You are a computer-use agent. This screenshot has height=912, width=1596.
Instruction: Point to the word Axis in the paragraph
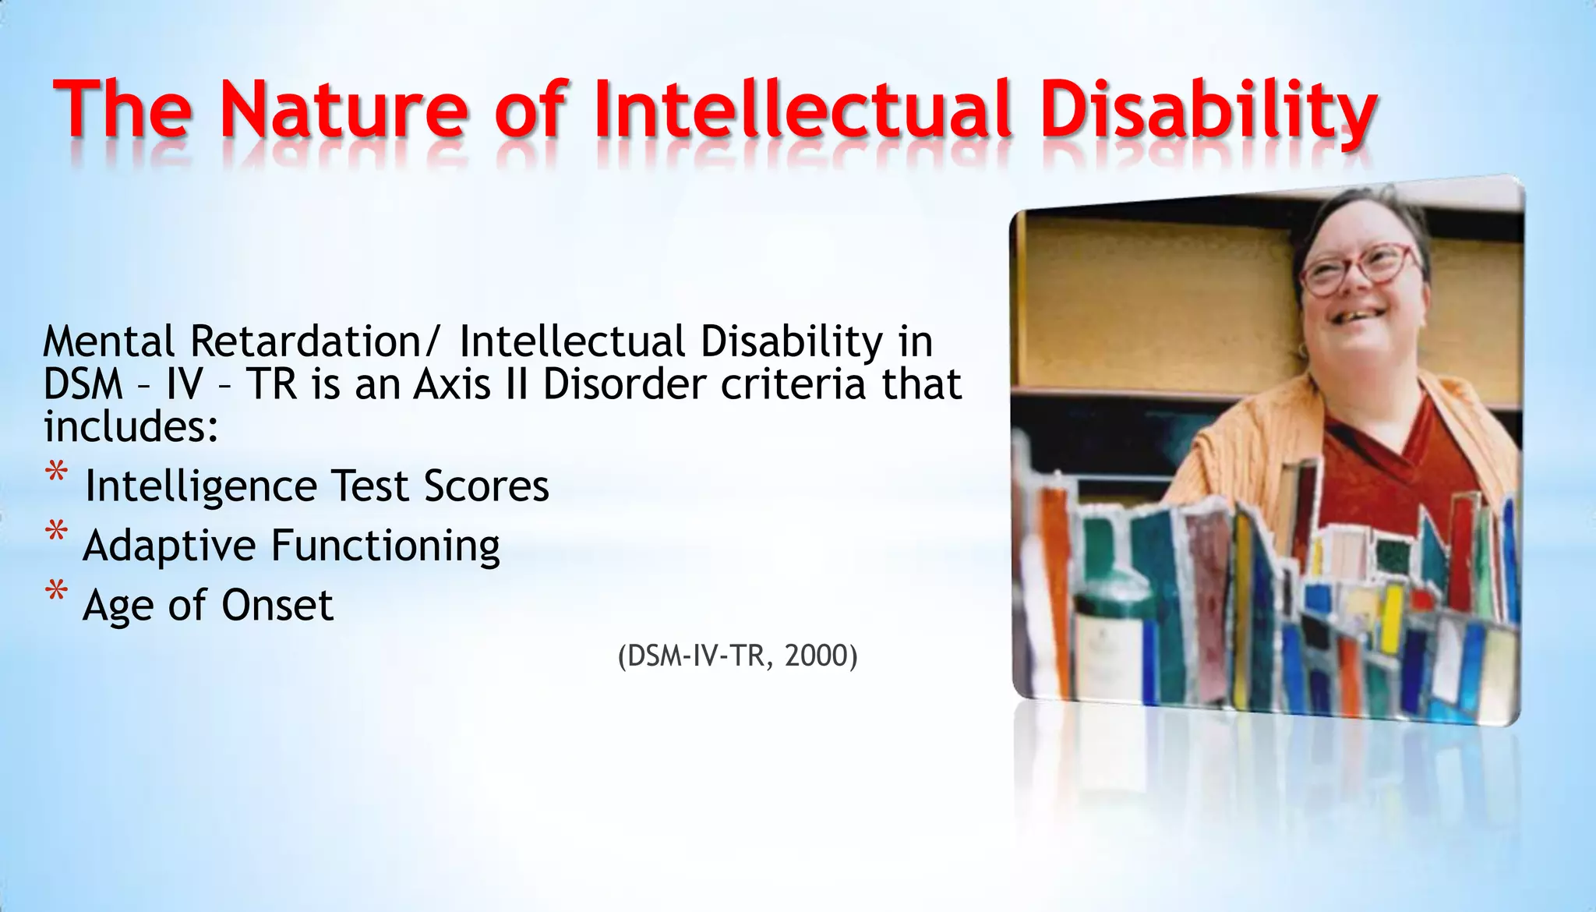(x=452, y=384)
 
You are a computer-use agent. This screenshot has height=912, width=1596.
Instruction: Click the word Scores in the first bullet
(x=486, y=486)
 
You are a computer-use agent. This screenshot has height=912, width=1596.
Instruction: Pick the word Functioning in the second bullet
(x=385, y=545)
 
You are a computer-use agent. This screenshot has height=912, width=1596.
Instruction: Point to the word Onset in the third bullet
(x=277, y=605)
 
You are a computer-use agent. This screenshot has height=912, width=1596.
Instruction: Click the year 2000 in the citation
(x=816, y=656)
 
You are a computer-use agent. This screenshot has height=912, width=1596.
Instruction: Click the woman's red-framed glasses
(x=1360, y=269)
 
